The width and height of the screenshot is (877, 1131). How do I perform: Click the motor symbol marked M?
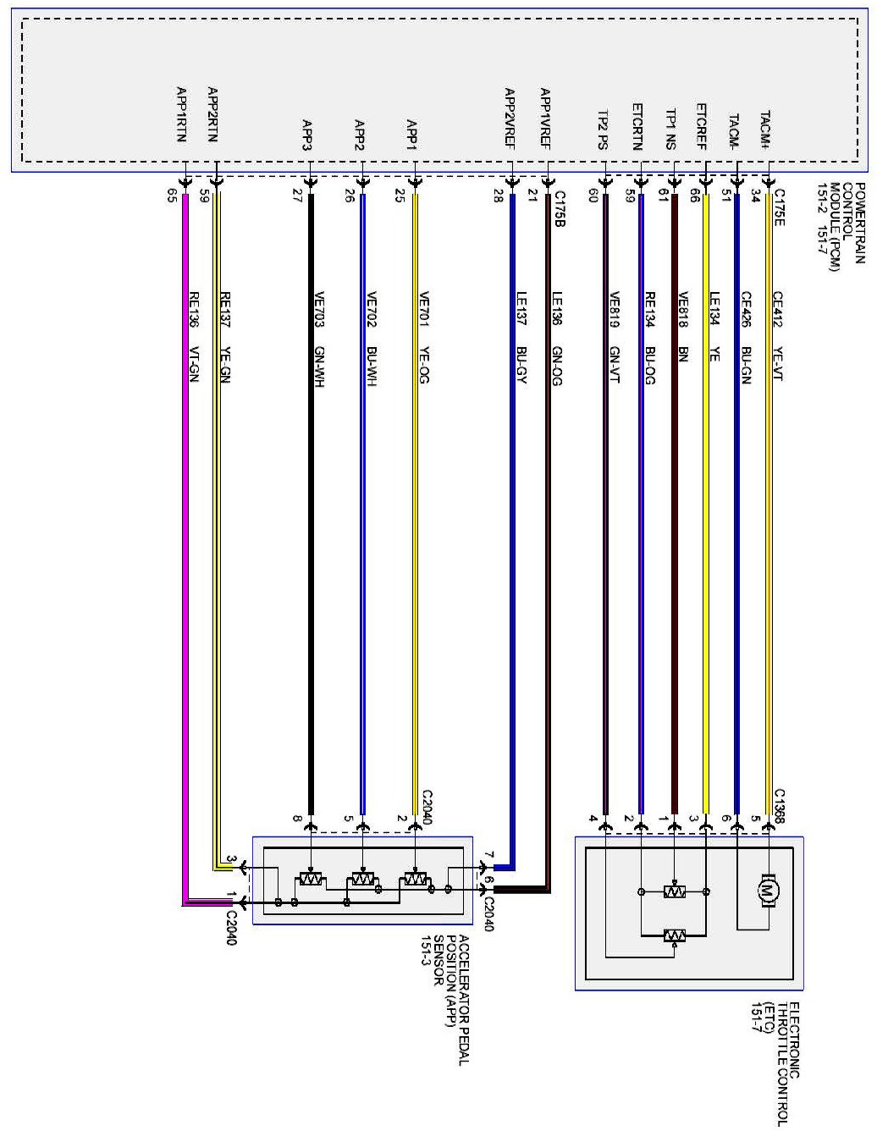(768, 891)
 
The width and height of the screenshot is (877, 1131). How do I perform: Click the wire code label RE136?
(194, 309)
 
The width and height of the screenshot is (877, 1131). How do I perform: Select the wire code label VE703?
(319, 309)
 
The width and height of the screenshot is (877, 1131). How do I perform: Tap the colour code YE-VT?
(778, 364)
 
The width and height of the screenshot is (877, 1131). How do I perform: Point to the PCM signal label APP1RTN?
(181, 114)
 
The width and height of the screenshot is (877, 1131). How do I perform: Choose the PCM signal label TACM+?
(764, 130)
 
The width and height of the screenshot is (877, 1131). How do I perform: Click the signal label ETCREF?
(702, 126)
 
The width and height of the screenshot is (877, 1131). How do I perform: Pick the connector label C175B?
(560, 208)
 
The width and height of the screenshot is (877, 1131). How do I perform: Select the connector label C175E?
(779, 207)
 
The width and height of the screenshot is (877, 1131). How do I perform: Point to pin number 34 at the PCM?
(756, 196)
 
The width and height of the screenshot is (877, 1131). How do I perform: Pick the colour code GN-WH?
(319, 367)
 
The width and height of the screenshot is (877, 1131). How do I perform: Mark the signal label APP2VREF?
(509, 119)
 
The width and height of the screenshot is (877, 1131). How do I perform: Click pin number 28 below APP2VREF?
(498, 196)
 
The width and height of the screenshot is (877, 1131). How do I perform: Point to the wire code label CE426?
(746, 309)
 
